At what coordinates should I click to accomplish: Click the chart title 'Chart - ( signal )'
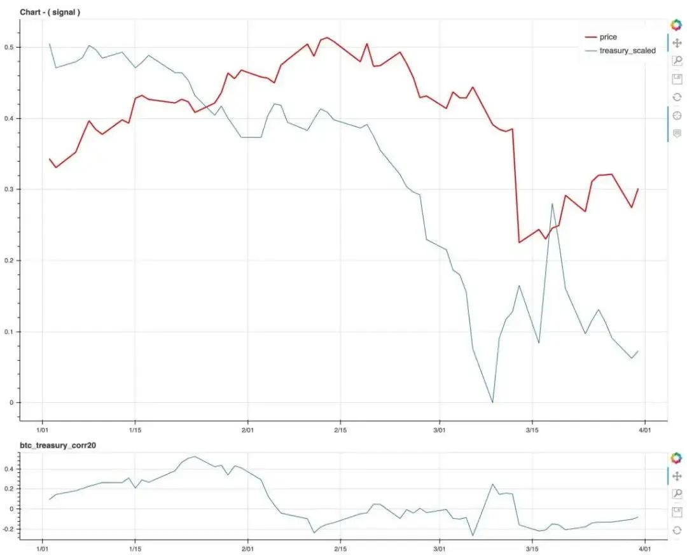point(50,12)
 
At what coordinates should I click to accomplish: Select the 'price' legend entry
point(607,37)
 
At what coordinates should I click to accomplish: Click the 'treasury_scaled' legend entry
point(627,50)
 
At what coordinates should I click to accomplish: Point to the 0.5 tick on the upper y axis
point(10,48)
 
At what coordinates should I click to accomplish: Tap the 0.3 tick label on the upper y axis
point(10,190)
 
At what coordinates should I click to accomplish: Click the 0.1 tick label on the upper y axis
point(10,332)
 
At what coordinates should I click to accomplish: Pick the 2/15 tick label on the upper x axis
point(340,430)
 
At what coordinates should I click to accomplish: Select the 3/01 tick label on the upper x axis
point(438,430)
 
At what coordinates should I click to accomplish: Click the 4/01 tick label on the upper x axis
point(644,430)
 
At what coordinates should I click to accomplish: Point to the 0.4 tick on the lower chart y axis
point(10,469)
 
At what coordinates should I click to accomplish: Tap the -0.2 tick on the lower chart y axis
point(9,529)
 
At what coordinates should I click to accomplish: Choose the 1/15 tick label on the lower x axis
point(134,547)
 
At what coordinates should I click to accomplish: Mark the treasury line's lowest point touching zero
point(492,402)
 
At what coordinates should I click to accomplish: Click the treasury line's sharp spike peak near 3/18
point(552,204)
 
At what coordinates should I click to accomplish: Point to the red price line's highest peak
point(327,38)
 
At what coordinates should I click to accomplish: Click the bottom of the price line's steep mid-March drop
point(519,242)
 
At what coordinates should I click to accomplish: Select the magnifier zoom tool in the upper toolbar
point(677,61)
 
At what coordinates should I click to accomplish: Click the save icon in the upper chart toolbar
point(677,79)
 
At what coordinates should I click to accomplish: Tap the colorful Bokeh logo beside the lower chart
point(676,458)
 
